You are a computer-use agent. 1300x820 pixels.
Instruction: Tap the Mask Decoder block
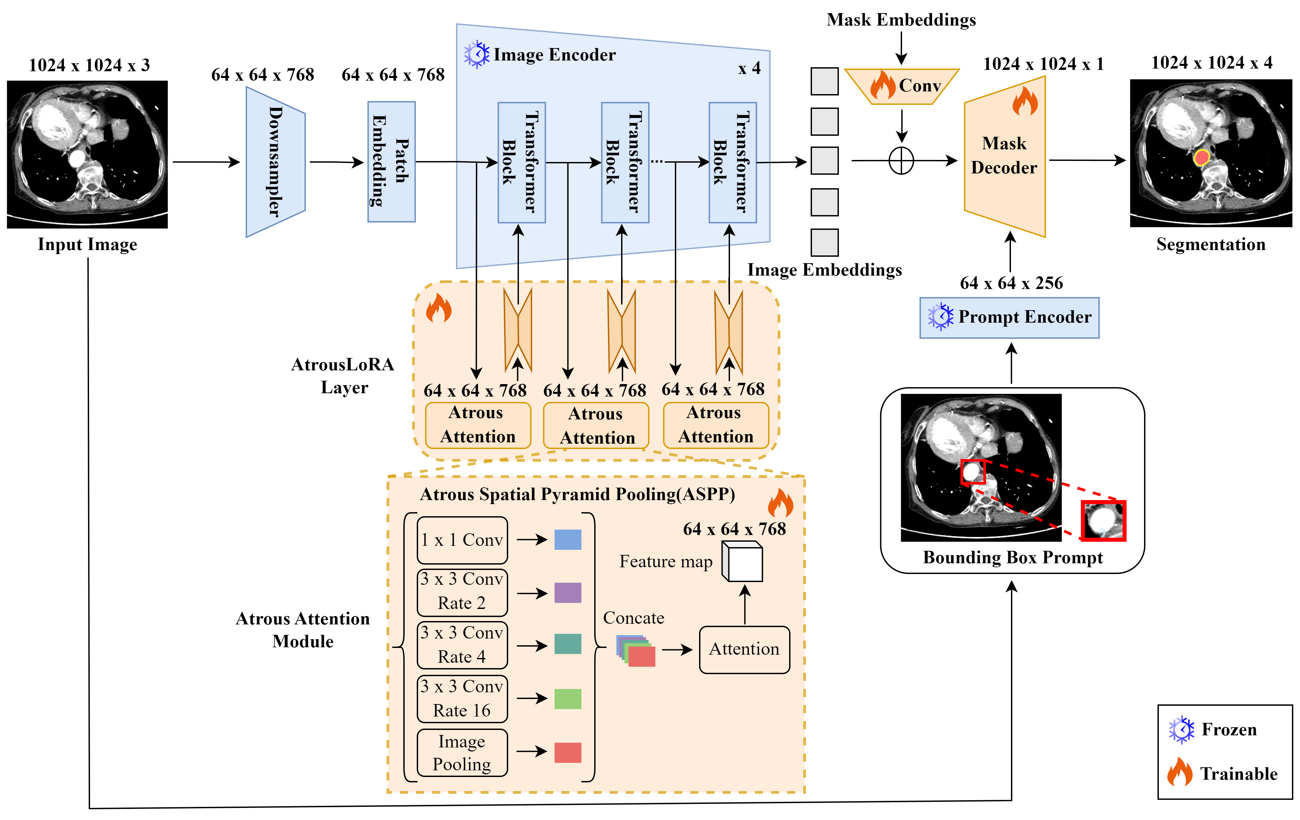coord(1005,157)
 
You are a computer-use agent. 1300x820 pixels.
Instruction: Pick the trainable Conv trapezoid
coord(902,86)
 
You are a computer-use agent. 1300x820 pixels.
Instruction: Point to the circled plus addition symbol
coord(901,161)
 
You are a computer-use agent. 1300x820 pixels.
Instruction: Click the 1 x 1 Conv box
coord(462,540)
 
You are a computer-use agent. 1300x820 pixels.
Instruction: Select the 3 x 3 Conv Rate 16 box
coord(462,699)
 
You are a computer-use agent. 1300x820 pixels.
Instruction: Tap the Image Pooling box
coord(462,752)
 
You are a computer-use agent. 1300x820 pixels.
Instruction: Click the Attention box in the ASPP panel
coord(744,649)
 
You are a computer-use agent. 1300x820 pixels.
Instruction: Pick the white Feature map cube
coord(742,562)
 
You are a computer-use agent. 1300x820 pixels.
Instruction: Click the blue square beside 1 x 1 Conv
coord(568,539)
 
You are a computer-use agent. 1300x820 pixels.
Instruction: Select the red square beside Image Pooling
coord(568,752)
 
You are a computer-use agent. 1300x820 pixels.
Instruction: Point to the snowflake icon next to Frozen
coord(1182,730)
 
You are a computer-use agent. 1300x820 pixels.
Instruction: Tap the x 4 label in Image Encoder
coord(750,69)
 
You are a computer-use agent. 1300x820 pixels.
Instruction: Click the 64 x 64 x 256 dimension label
coord(1011,283)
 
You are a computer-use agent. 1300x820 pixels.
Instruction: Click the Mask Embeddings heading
coord(901,20)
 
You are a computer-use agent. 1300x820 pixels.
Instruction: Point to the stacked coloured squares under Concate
coord(636,651)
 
